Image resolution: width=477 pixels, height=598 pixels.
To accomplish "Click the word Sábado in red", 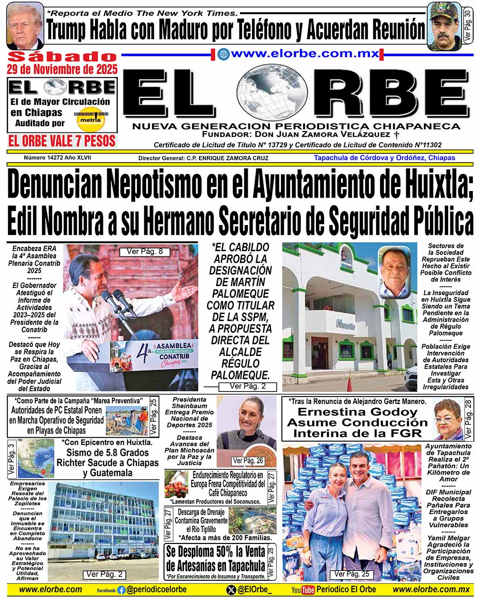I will [62, 57].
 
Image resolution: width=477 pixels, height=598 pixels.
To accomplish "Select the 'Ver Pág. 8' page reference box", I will [145, 252].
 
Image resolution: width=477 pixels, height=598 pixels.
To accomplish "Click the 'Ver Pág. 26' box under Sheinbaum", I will [248, 461].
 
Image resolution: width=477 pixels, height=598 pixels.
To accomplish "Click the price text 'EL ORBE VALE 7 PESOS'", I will [62, 140].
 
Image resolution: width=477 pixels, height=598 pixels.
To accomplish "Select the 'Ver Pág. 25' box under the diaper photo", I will [352, 574].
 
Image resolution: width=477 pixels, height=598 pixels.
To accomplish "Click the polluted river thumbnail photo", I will [252, 520].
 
